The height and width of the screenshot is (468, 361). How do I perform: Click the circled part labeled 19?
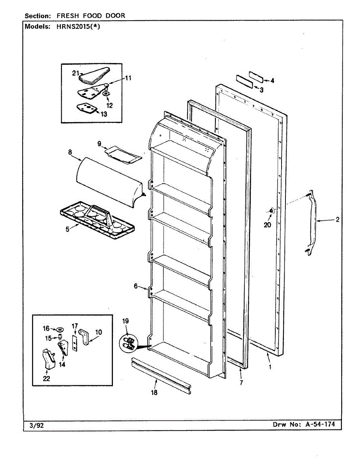pos(129,344)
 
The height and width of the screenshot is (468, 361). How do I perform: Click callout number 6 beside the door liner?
pos(136,286)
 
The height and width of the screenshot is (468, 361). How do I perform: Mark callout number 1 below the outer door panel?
pos(270,367)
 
